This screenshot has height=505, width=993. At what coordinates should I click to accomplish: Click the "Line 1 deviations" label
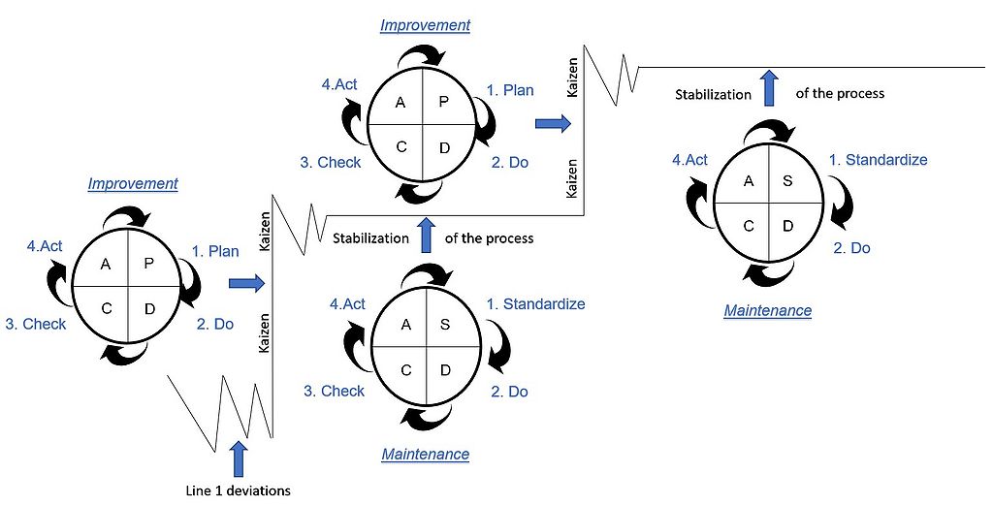coord(238,489)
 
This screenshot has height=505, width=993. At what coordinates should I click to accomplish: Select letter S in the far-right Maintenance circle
coord(787,181)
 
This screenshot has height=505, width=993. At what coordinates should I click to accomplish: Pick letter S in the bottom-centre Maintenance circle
coord(445,325)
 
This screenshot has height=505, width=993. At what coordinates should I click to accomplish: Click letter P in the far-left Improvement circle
coord(148,264)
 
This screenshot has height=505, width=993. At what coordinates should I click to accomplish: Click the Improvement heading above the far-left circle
coord(133,183)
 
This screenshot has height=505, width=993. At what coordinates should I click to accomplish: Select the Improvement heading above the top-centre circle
coord(425,26)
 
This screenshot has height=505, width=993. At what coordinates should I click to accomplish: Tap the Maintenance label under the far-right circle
coord(767,311)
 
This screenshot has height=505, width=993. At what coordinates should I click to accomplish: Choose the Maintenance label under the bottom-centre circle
coord(425,454)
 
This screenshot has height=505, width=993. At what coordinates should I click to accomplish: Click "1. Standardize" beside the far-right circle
coord(878,160)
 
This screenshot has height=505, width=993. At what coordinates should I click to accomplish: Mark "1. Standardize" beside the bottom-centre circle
coord(535,304)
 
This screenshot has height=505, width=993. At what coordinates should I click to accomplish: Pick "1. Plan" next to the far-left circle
coord(214,251)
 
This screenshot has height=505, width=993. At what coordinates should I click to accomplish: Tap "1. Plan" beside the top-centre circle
coord(509,90)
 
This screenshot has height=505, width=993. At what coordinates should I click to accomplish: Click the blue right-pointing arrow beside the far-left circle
coord(247,283)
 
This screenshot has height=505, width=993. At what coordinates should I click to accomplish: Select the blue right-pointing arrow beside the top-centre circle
coord(553,123)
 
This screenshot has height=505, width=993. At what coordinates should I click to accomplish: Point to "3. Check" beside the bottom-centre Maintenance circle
coord(334,391)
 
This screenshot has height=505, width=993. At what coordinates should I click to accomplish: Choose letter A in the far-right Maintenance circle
coord(749,181)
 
